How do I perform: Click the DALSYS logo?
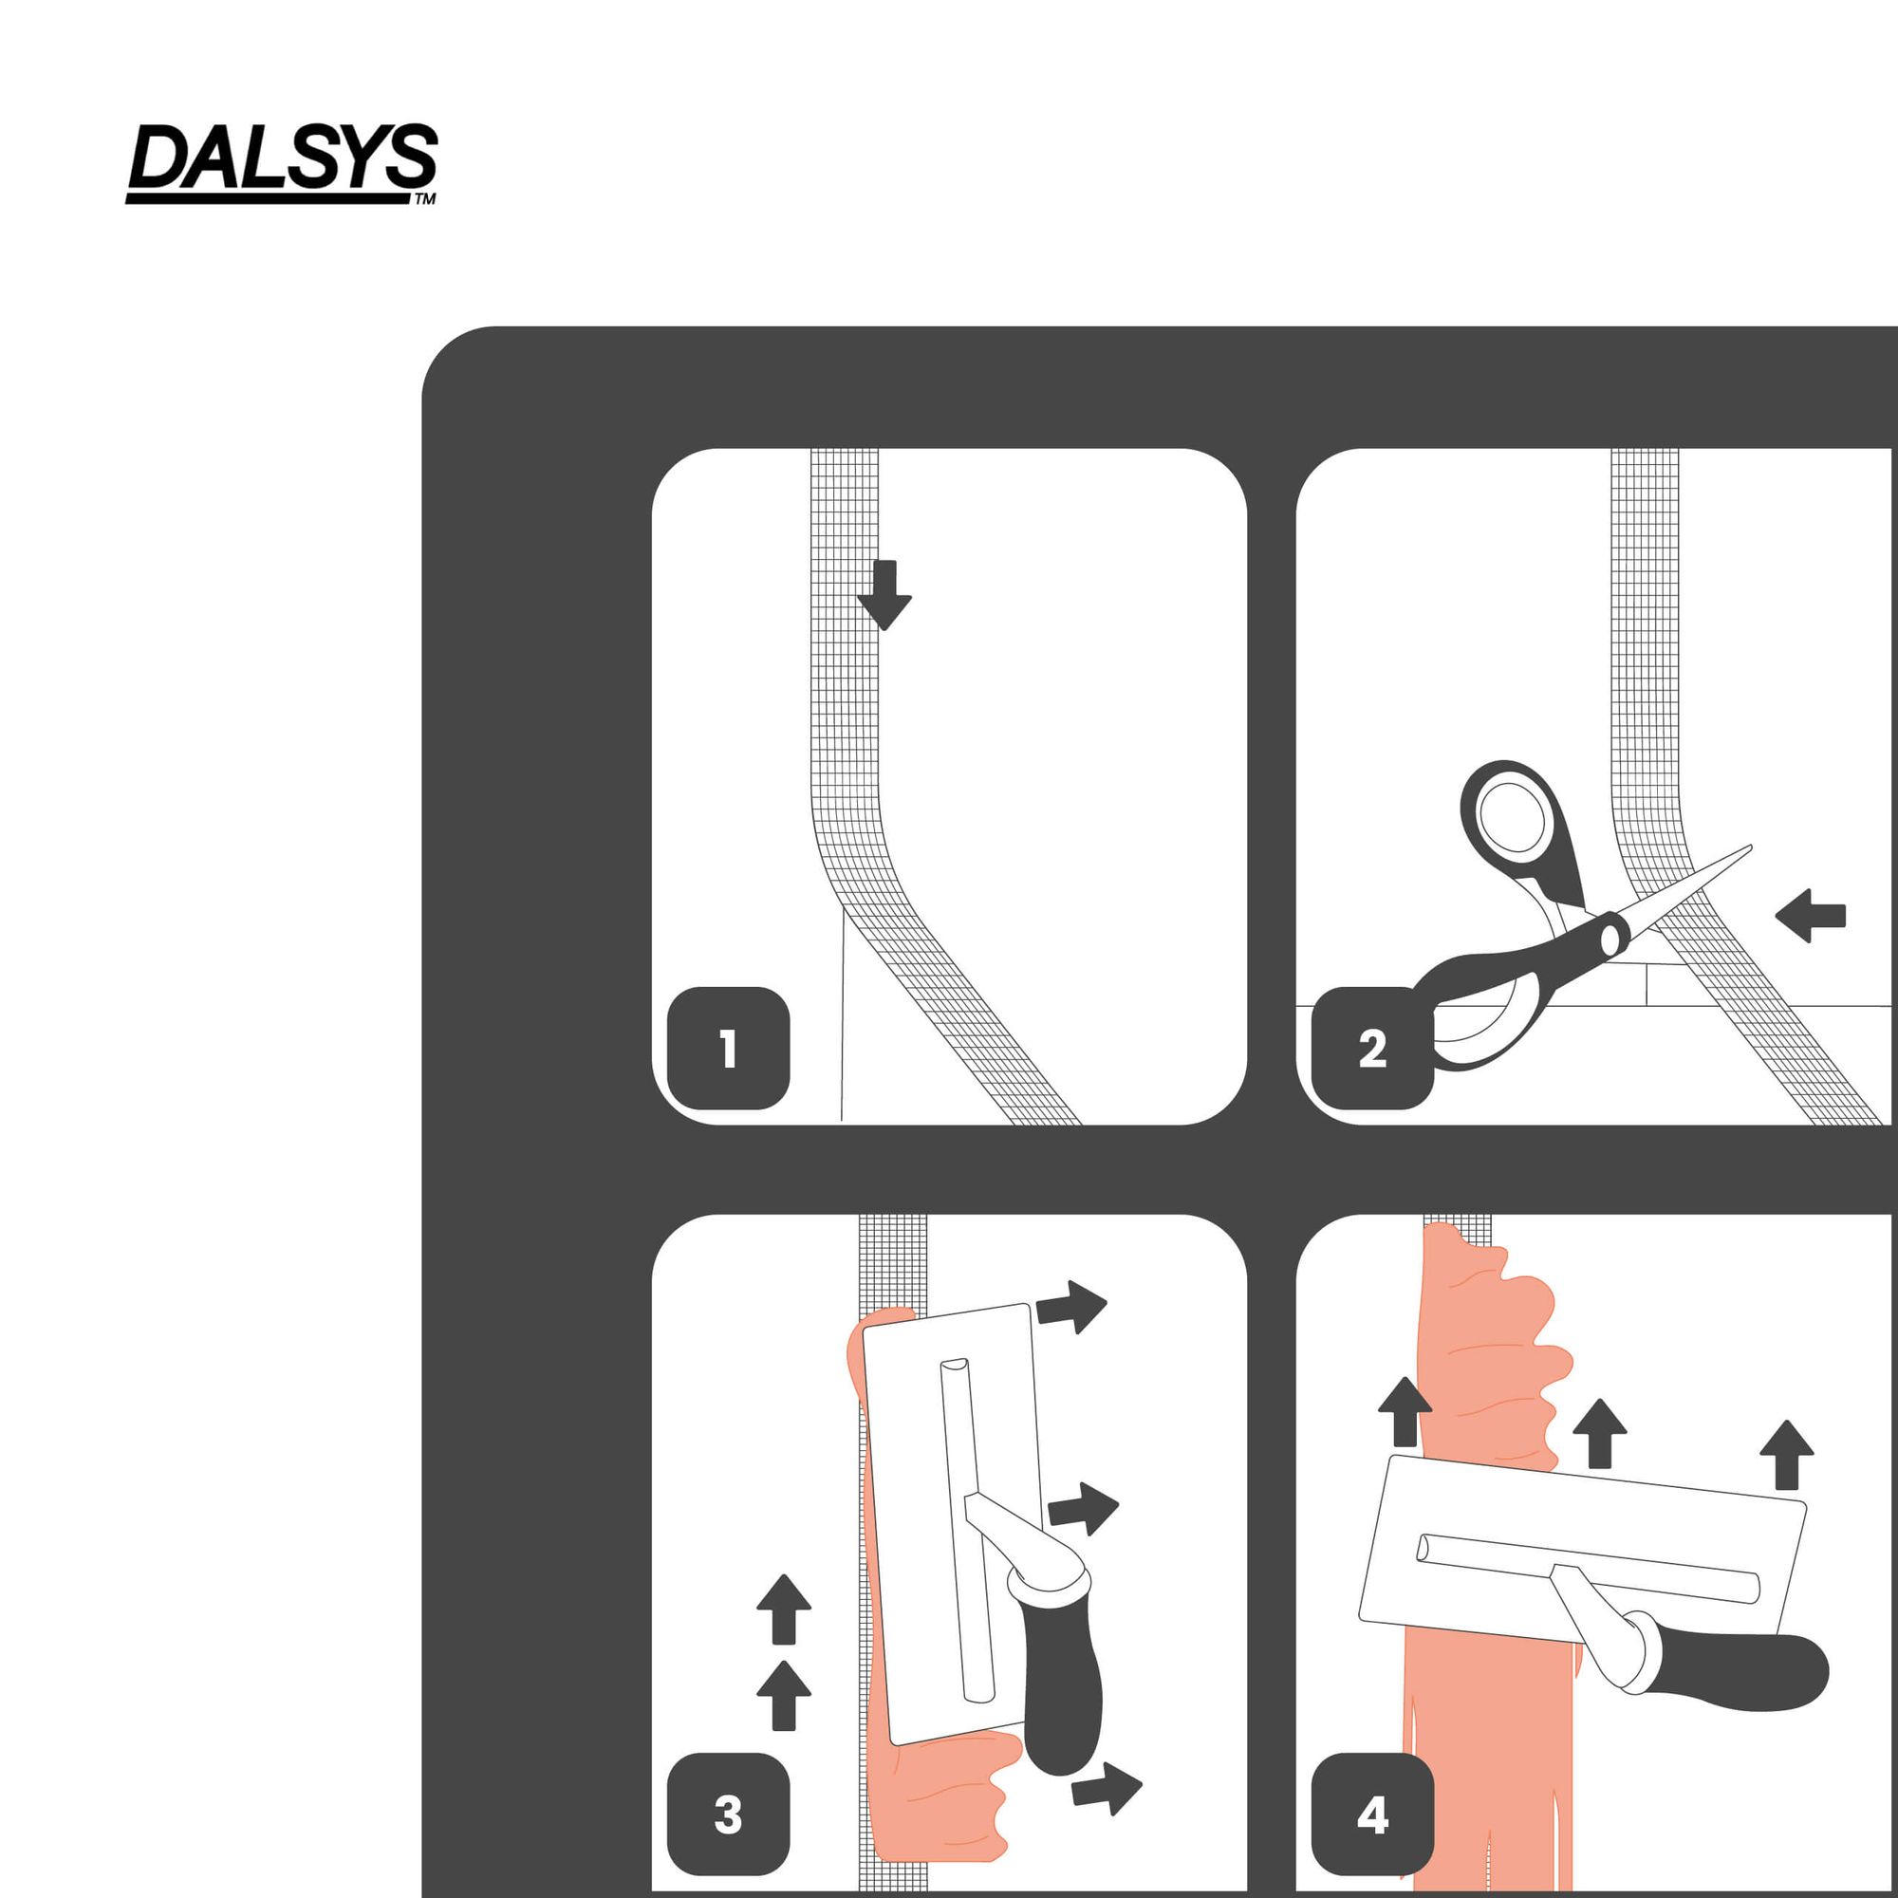(x=282, y=163)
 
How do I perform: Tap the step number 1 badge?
(x=728, y=1049)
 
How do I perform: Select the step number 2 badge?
(x=1372, y=1049)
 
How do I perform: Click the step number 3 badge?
(x=728, y=1814)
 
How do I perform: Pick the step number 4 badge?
(x=1372, y=1814)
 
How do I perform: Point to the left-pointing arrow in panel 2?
(x=1811, y=916)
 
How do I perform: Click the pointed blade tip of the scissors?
(x=1750, y=846)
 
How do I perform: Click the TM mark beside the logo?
(x=425, y=199)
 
